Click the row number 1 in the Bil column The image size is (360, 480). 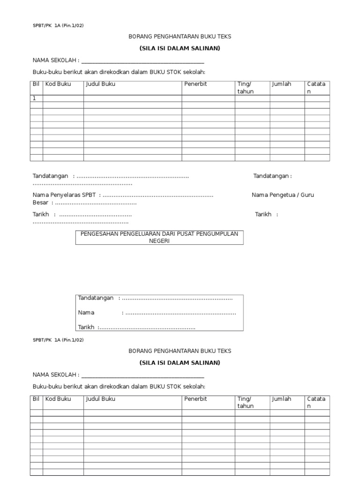pos(34,98)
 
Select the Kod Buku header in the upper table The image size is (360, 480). pos(58,84)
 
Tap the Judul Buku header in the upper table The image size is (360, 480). pos(100,84)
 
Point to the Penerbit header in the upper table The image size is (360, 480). pos(195,84)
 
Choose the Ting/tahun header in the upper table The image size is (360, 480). pos(245,88)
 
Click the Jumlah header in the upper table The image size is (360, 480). pos(281,84)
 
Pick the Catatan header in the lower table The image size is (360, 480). pos(316,402)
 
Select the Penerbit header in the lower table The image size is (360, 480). pos(195,399)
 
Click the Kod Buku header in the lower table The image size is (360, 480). pos(58,399)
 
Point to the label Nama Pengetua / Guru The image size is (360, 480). pos(283,195)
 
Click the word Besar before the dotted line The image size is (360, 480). pos(40,203)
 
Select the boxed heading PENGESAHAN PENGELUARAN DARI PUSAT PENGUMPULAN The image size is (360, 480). pos(159,234)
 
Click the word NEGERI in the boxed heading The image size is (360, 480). pos(159,241)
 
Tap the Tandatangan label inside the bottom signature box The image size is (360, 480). pos(96,298)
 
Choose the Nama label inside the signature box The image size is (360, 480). pos(86,313)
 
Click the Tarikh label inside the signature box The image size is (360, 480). pos(86,327)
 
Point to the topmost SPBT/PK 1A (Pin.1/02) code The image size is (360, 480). pos(58,25)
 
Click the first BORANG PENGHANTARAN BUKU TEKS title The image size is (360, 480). pos(180,36)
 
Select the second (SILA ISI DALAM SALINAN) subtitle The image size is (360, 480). pos(180,362)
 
